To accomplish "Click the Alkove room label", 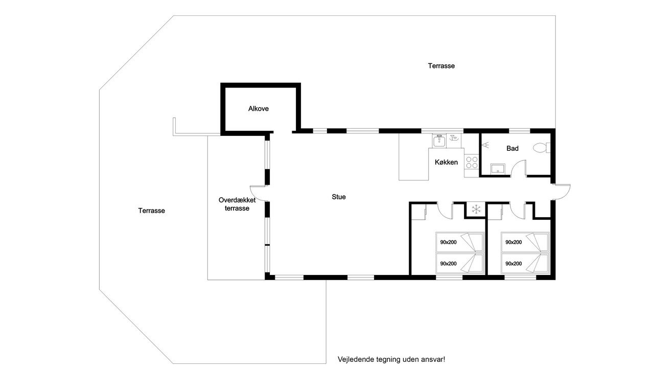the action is click(259, 109).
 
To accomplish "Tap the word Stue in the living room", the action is click(339, 197).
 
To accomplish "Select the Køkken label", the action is click(446, 162).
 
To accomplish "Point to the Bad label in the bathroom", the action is click(512, 148).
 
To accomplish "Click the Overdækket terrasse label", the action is click(237, 204).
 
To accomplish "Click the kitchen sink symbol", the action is click(439, 141).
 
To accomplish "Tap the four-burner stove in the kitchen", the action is click(472, 163).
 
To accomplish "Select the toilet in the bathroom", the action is click(542, 148).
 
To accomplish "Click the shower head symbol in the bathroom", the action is click(485, 145).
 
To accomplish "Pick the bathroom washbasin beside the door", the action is click(498, 169).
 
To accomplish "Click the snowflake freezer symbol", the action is click(476, 209).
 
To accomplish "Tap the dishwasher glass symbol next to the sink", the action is click(453, 137).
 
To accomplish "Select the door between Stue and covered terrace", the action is click(259, 193).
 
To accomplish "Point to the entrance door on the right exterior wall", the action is click(561, 192).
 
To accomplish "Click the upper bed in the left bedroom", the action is click(460, 242).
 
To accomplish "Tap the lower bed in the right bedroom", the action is click(525, 263).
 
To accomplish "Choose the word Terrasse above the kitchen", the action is click(441, 66).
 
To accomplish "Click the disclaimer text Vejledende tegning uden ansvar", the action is click(391, 359).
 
